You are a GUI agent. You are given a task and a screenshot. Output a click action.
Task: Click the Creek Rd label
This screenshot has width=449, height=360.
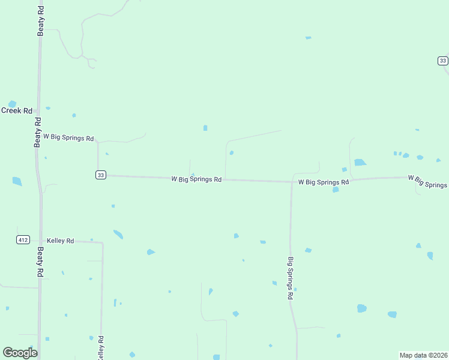pos(16,110)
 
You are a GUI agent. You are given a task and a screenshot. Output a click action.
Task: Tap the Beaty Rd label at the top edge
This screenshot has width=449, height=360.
pos(40,21)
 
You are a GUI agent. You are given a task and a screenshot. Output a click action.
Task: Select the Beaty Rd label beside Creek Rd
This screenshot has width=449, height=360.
pos(38,132)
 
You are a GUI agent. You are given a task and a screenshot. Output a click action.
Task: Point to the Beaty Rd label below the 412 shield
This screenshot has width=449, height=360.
pos(40,261)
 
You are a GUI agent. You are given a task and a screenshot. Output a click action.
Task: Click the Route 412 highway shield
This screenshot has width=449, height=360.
pos(23,240)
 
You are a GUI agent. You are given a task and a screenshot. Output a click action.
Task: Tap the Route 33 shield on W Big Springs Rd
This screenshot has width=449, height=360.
pos(100,175)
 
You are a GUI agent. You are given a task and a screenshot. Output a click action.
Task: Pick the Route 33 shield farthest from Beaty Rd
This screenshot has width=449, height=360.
pos(442,61)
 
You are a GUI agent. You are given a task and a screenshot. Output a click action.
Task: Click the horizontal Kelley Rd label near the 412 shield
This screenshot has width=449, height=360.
pos(60,241)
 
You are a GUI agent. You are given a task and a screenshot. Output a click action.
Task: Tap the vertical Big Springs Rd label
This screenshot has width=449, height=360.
pos(291,278)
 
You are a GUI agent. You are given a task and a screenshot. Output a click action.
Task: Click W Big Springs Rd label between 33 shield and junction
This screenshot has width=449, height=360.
pos(196,179)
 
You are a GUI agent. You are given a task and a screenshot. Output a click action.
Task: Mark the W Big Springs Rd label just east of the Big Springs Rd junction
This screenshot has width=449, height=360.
pos(323,182)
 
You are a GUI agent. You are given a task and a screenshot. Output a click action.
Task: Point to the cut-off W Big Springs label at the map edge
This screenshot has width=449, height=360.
pos(427,181)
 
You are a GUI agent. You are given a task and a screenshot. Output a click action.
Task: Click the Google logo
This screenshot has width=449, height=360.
pos(20,353)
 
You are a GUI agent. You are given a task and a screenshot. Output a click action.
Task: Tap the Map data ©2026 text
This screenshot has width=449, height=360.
pos(423,355)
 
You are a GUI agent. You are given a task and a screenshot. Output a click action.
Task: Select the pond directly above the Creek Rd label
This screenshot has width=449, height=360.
pos(11,104)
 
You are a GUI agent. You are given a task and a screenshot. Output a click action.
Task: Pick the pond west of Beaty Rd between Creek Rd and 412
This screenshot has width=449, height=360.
pos(17,181)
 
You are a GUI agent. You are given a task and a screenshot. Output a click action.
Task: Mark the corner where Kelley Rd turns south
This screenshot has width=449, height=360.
pos(102,244)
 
